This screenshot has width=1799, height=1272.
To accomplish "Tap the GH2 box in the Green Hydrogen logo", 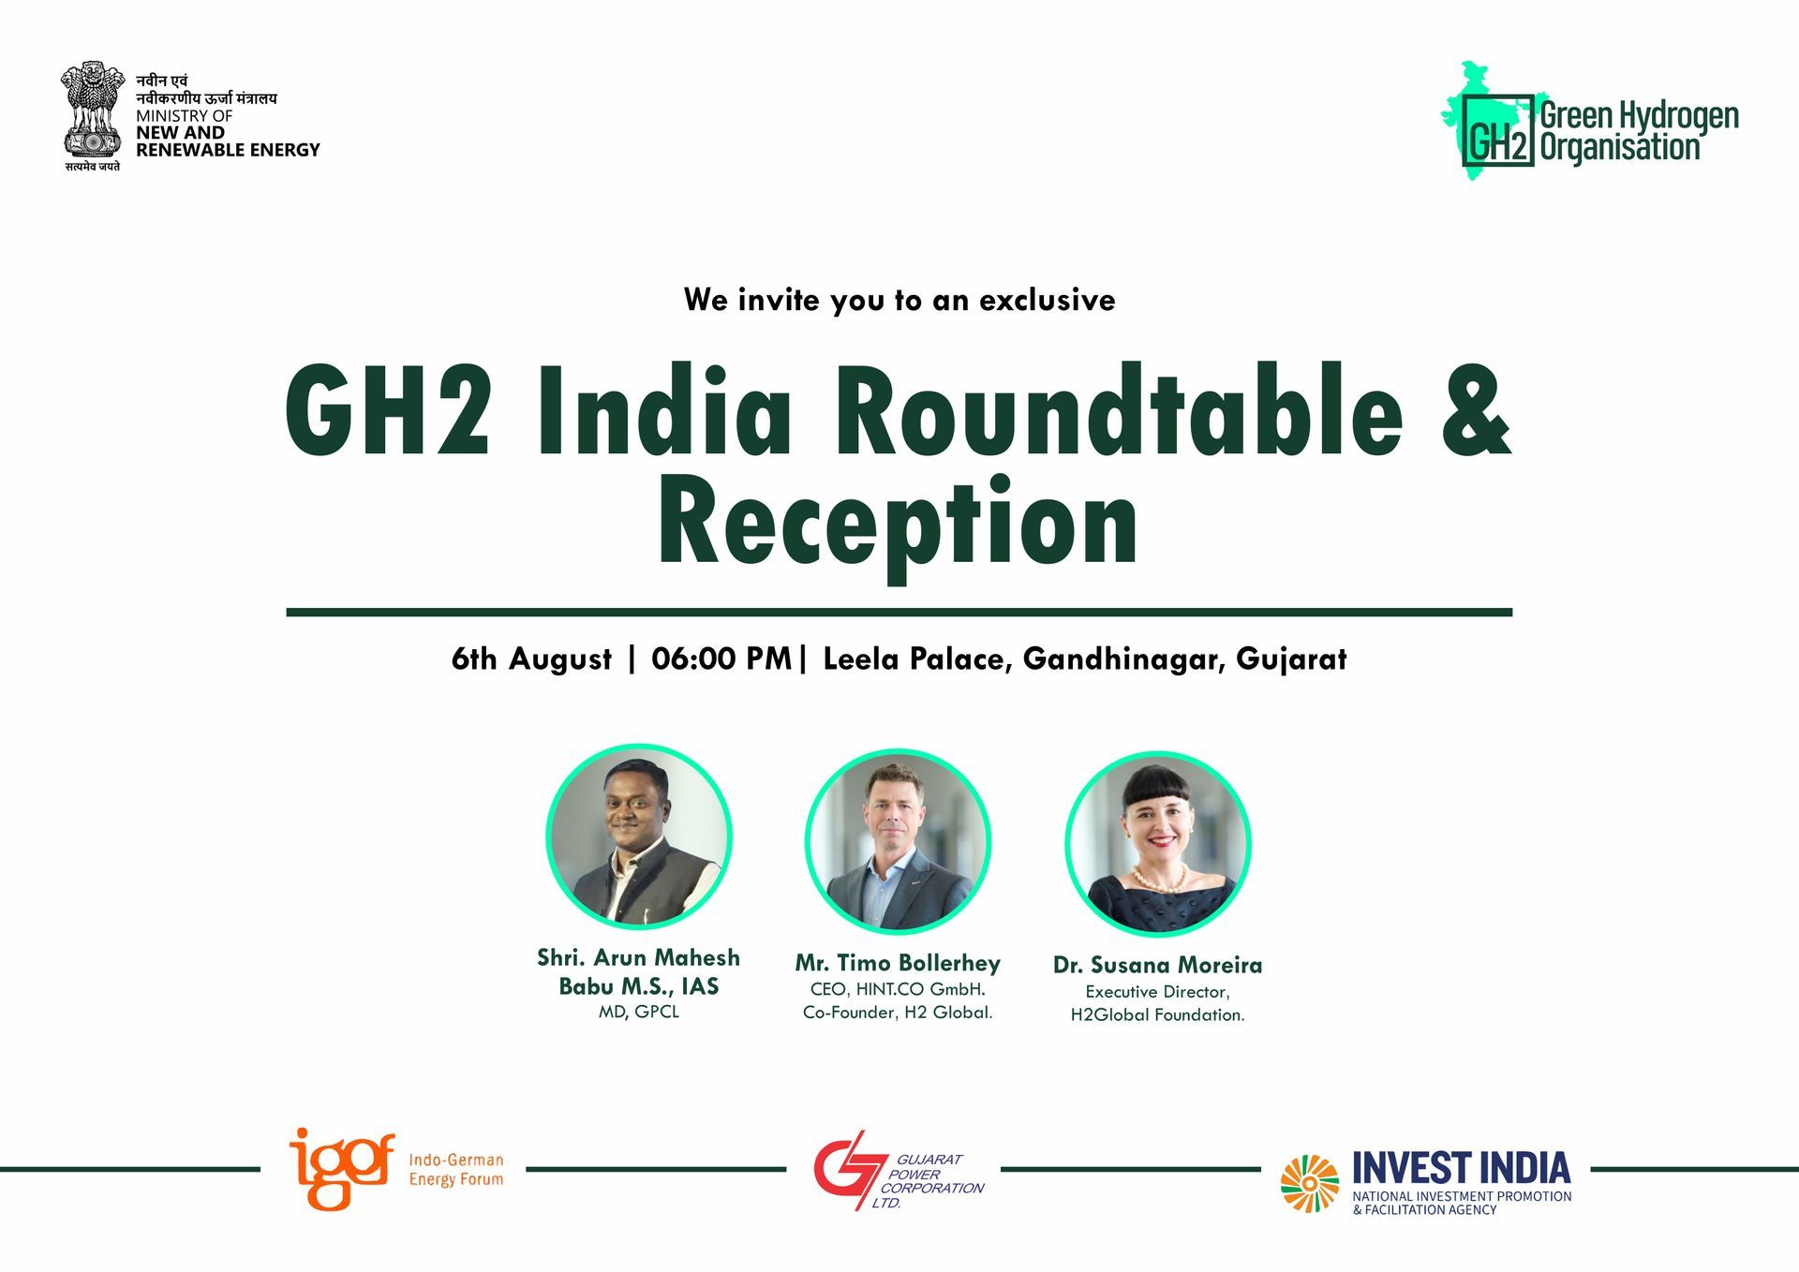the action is point(1498,130).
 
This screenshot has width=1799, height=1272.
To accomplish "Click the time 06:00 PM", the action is point(721,658).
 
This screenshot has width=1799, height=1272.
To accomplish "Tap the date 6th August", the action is point(531,658).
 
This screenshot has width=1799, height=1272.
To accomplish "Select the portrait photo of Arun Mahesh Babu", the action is point(639,836).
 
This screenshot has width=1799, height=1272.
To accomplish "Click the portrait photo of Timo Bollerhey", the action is point(898,841).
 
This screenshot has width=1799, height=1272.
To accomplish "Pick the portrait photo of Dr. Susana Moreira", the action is point(1158,843).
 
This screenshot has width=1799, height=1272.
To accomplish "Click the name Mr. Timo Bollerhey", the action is point(898,963).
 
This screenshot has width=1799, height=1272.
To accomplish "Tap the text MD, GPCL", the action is point(639,1012).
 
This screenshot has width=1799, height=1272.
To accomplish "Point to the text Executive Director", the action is point(1157,991).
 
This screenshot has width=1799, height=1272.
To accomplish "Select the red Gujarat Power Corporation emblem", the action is point(848,1170).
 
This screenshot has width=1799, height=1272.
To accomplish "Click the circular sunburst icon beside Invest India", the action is point(1310,1183).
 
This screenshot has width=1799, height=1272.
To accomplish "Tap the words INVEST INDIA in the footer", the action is point(1462,1168).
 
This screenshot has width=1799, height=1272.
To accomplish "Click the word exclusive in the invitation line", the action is point(1047,300).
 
